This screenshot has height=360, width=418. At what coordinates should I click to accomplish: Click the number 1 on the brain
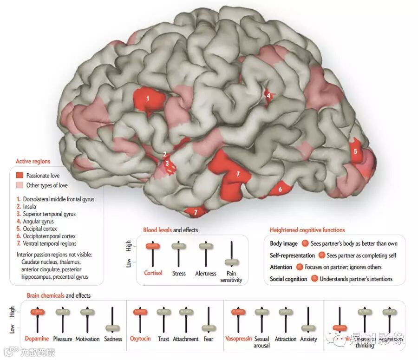tap(148, 98)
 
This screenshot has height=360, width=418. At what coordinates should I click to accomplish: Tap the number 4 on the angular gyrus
tap(268, 96)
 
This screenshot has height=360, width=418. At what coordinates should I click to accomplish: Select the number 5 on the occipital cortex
tap(355, 151)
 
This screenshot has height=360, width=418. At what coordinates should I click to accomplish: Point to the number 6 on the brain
tap(280, 189)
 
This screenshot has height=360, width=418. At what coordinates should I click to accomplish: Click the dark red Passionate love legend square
tap(20, 176)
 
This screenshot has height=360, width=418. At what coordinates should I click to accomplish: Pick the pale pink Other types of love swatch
tap(20, 185)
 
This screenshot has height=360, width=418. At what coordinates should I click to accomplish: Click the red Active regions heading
tap(33, 162)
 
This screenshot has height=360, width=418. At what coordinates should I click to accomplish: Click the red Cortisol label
tap(153, 273)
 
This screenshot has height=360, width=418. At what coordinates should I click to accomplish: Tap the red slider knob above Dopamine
tap(37, 312)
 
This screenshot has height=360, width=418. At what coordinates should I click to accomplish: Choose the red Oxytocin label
tap(140, 339)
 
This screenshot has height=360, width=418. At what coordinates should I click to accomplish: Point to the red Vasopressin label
tap(239, 339)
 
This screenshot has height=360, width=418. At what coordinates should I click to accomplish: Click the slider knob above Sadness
tap(113, 328)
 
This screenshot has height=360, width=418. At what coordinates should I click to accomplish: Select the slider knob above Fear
tap(209, 328)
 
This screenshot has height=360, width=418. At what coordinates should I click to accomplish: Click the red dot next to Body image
tap(305, 243)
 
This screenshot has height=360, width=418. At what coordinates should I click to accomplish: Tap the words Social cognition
tap(288, 279)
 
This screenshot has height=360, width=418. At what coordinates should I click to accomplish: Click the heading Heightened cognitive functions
tap(307, 230)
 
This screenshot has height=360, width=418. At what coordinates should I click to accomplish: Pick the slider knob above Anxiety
tap(308, 328)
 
